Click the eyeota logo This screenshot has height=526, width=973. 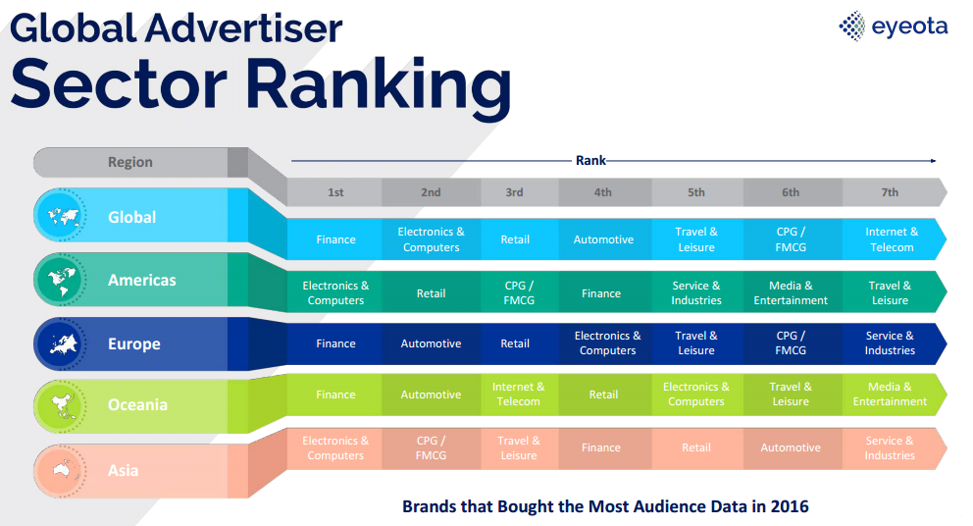click(x=893, y=26)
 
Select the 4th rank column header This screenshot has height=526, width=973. click(x=603, y=192)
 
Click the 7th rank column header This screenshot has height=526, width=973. click(x=890, y=192)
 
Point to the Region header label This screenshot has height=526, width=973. click(x=130, y=162)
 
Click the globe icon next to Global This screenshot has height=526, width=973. click(x=62, y=216)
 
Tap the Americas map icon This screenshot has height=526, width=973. click(x=62, y=280)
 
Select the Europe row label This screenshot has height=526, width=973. click(x=134, y=344)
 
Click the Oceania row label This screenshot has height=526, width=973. click(x=137, y=405)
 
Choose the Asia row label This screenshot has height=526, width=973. click(x=123, y=471)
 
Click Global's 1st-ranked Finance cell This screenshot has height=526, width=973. click(x=335, y=239)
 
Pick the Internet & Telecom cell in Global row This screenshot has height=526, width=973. click(x=892, y=239)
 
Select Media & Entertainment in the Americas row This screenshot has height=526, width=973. click(x=791, y=293)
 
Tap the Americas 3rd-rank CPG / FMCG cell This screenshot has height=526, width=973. click(x=519, y=293)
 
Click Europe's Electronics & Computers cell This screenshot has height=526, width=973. click(x=607, y=343)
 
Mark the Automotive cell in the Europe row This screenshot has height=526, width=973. click(x=431, y=343)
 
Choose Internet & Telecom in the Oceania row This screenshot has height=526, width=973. click(x=518, y=394)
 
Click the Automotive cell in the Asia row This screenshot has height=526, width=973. click(x=791, y=447)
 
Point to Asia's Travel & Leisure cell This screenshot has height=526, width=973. click(x=519, y=447)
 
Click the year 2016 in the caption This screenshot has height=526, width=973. click(x=790, y=506)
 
